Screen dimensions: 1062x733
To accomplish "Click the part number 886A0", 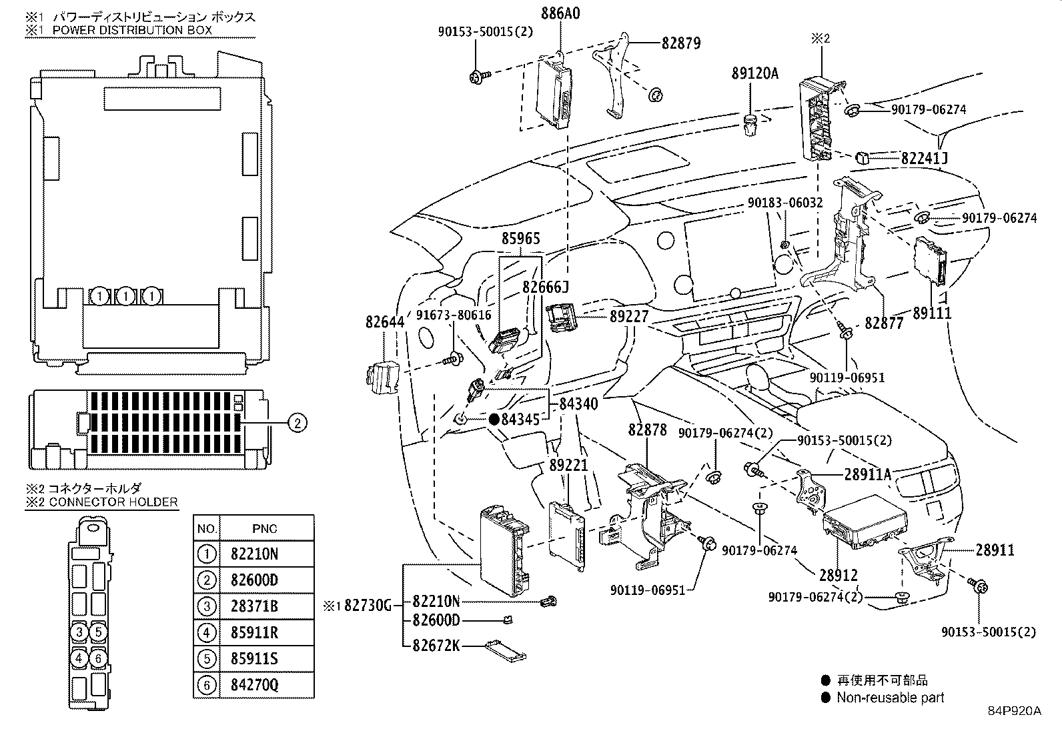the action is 560,13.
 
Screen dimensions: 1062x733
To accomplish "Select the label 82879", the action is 681,43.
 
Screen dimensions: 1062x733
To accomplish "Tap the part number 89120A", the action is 754,73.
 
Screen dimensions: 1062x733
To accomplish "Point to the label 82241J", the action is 925,158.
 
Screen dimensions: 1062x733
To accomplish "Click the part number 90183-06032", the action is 785,203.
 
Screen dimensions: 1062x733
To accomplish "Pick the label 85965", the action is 520,238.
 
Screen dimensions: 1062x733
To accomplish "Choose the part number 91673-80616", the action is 454,315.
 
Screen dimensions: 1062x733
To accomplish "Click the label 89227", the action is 628,316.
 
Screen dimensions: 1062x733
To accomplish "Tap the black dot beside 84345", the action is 494,419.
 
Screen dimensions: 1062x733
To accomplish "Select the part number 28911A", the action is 868,474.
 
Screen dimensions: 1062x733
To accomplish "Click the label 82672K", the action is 436,645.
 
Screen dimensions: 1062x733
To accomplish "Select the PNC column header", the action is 265,529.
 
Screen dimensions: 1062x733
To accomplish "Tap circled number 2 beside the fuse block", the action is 298,422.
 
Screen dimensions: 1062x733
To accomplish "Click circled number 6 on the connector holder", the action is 98,658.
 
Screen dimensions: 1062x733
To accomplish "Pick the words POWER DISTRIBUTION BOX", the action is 132,30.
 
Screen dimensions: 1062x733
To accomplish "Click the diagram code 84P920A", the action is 1015,711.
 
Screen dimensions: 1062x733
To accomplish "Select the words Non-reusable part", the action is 891,698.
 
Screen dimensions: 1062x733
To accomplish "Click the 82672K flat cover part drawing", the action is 506,652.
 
